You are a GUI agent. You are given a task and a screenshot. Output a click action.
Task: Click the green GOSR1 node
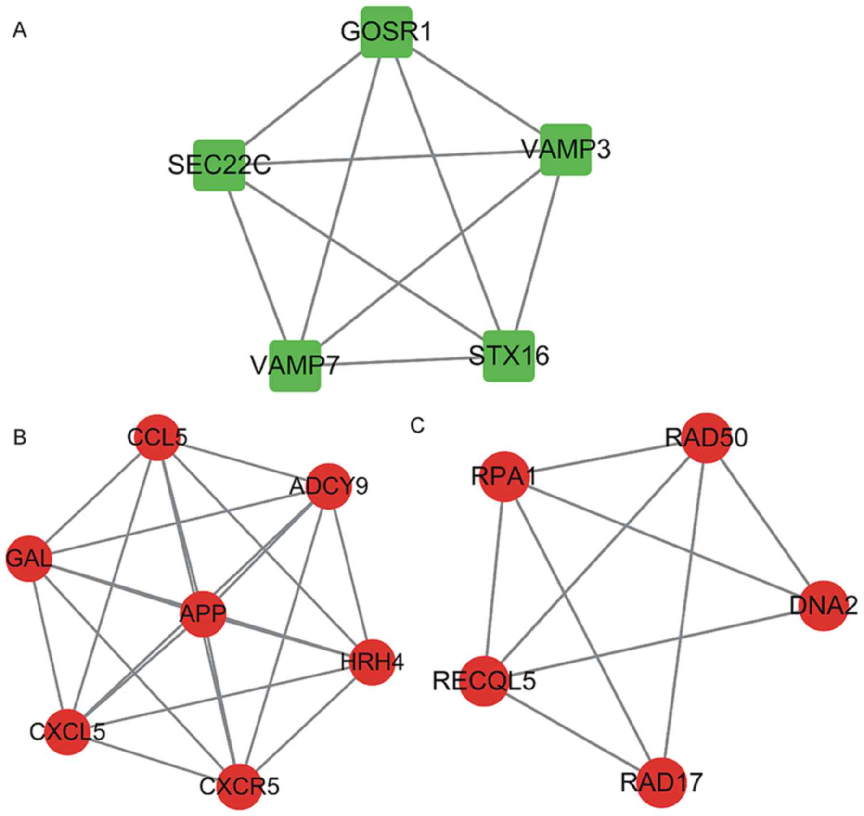(x=387, y=32)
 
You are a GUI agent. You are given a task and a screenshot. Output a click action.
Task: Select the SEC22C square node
(x=219, y=165)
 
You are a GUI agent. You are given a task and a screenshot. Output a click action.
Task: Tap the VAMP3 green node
(x=566, y=149)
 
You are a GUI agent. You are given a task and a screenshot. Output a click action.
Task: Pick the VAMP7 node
(x=295, y=366)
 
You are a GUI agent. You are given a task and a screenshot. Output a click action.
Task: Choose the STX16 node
(x=509, y=356)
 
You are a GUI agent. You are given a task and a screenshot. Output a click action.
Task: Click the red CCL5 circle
(x=157, y=437)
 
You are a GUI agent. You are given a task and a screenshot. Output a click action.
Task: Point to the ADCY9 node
(x=329, y=486)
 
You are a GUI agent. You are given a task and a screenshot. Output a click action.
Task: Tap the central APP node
(x=203, y=613)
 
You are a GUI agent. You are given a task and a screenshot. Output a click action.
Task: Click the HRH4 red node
(x=372, y=663)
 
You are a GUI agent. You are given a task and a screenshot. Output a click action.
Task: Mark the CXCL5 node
(x=67, y=732)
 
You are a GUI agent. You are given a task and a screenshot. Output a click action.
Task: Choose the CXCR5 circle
(x=239, y=786)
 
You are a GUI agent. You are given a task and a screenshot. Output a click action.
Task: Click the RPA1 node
(x=504, y=476)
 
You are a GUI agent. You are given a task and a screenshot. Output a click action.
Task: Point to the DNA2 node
(x=824, y=605)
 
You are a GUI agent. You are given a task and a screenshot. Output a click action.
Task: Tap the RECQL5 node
(x=484, y=681)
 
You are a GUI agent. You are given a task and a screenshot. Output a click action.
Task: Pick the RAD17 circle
(x=661, y=782)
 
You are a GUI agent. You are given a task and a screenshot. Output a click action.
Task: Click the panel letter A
(x=20, y=31)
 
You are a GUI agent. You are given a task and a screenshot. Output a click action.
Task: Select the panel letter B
(x=20, y=437)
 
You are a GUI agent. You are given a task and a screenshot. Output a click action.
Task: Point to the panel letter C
(x=417, y=425)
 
